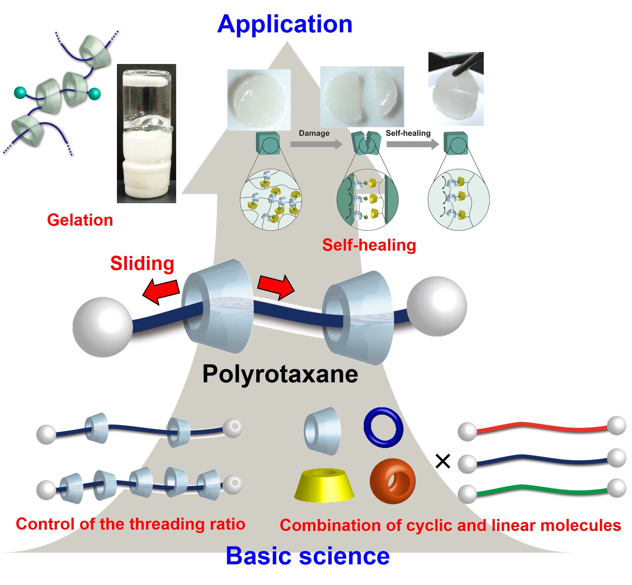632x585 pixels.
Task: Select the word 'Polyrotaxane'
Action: click(280, 374)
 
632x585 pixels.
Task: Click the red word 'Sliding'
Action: click(142, 263)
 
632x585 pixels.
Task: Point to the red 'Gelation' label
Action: click(80, 220)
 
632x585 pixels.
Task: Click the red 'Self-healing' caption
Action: click(369, 245)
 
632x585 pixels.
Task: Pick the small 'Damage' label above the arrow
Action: click(314, 133)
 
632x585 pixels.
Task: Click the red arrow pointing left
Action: click(161, 291)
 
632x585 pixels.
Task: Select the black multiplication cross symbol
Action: click(443, 461)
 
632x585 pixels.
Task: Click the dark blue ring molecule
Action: click(383, 427)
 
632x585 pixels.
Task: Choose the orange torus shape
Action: click(392, 481)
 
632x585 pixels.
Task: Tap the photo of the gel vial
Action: click(146, 133)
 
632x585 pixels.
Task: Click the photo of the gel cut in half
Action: click(362, 96)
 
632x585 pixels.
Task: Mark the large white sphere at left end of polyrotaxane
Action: click(103, 327)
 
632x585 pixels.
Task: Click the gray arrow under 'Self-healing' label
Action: click(412, 144)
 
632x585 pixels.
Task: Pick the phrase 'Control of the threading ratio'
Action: click(131, 524)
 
